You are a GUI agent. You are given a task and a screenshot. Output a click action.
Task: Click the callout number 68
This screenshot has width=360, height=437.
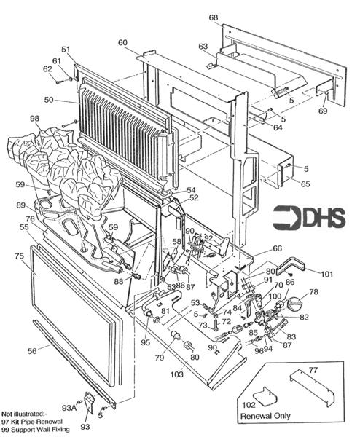click(214, 17)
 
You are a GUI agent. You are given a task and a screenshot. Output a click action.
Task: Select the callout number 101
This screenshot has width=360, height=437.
click(326, 275)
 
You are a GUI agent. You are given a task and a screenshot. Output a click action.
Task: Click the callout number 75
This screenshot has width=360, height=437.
click(19, 256)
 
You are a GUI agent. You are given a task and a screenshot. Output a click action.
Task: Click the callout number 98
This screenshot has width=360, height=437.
click(35, 118)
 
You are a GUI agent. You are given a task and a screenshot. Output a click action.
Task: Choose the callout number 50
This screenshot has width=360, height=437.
click(50, 99)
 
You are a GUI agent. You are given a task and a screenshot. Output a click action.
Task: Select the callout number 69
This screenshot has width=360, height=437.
click(323, 111)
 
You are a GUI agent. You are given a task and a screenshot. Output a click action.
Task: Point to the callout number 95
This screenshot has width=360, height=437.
click(146, 342)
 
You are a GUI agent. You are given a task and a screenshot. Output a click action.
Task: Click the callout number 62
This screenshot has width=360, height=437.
click(49, 69)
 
